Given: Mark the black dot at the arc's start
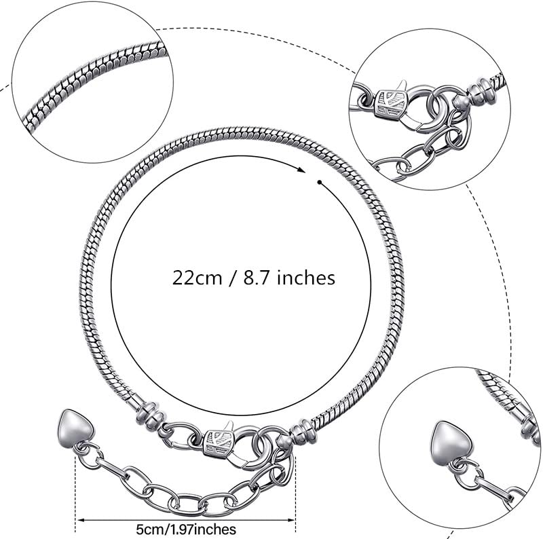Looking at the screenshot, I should (320, 181).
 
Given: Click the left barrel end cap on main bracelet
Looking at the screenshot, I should (149, 413).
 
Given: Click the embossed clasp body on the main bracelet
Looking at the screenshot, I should (219, 440).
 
